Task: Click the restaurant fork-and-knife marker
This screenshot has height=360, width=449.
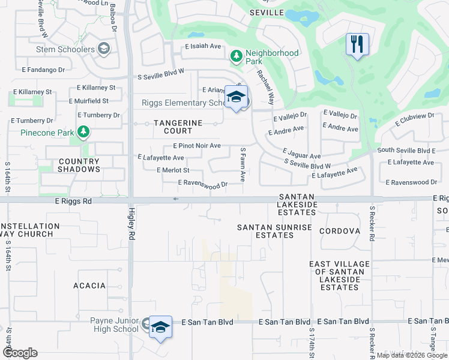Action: coord(357,44)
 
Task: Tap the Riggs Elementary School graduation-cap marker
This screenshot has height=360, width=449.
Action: coord(236,98)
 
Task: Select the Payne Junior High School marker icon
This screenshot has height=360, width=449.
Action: coord(160,328)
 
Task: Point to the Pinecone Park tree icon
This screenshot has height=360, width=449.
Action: coord(83,132)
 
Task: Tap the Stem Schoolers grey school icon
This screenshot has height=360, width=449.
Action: coord(103,49)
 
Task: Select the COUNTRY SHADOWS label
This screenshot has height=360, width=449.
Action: coord(79,165)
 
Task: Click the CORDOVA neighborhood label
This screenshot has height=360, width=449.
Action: coord(339,231)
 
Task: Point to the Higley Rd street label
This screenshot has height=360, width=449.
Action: coord(132,224)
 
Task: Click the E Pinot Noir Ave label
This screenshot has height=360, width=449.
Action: coord(196,146)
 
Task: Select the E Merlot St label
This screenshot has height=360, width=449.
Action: coord(172,170)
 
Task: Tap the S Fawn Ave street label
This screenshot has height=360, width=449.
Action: coord(243,165)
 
